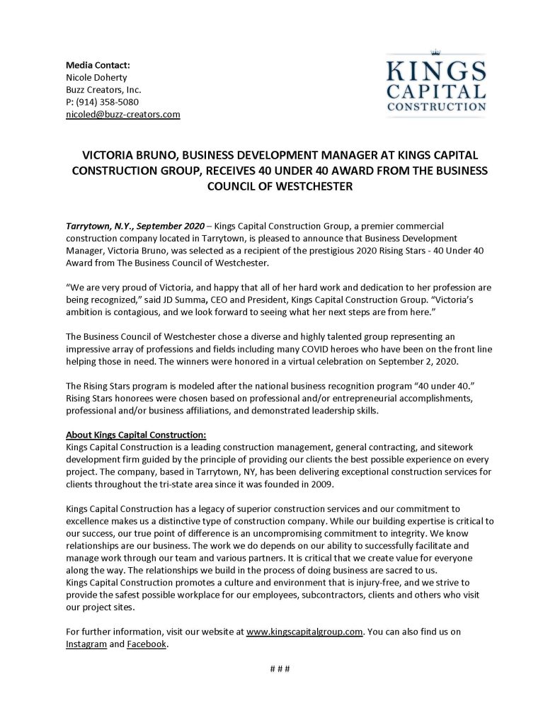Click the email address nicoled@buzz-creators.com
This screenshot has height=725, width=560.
click(123, 113)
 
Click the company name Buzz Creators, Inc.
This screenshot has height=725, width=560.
click(103, 89)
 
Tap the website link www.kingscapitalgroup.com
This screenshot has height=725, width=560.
click(304, 632)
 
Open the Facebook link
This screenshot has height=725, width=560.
click(147, 644)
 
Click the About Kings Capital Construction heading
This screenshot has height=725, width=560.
click(135, 434)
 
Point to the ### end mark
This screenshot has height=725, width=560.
click(280, 669)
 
